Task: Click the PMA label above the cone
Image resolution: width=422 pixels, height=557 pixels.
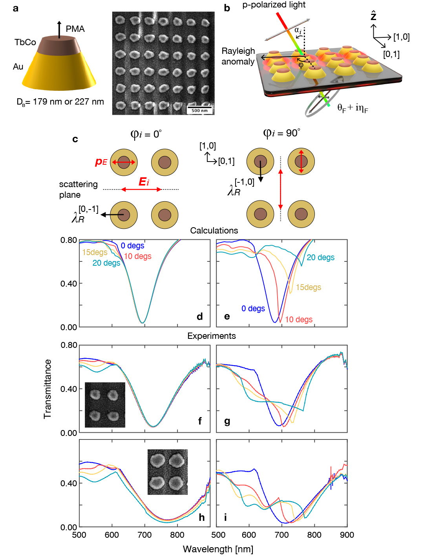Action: coord(75,29)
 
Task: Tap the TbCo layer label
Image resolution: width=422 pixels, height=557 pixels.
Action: coord(25,42)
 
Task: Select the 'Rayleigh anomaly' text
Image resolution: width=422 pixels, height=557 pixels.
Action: coord(238,56)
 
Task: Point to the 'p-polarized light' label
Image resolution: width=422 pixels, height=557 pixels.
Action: coord(274,5)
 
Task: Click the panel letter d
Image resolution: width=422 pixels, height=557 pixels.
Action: coord(200,316)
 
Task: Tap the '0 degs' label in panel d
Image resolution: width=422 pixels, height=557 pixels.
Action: coord(132,246)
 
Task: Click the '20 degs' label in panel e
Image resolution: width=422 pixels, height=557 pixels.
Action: coord(320,257)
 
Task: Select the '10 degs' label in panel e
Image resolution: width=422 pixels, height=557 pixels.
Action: coord(299,320)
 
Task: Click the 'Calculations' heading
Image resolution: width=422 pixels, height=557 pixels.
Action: coord(214,230)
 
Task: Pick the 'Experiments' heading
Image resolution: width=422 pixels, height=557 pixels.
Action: coord(212,336)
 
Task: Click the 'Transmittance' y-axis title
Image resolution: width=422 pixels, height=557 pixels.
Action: coord(47,389)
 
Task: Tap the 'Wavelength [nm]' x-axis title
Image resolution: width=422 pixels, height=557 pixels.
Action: coord(218,549)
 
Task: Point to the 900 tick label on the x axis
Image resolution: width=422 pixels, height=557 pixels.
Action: coord(347,535)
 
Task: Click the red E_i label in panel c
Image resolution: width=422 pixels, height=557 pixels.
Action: coord(144,182)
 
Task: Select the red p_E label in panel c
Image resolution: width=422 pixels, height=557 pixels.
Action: coord(101,162)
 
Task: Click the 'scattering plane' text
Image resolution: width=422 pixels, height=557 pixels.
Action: coord(78,189)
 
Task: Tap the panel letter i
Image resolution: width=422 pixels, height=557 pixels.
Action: coord(225,517)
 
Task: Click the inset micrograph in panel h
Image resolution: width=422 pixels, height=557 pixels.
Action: coord(168,472)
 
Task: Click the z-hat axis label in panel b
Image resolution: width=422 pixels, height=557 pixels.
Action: coord(373,16)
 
